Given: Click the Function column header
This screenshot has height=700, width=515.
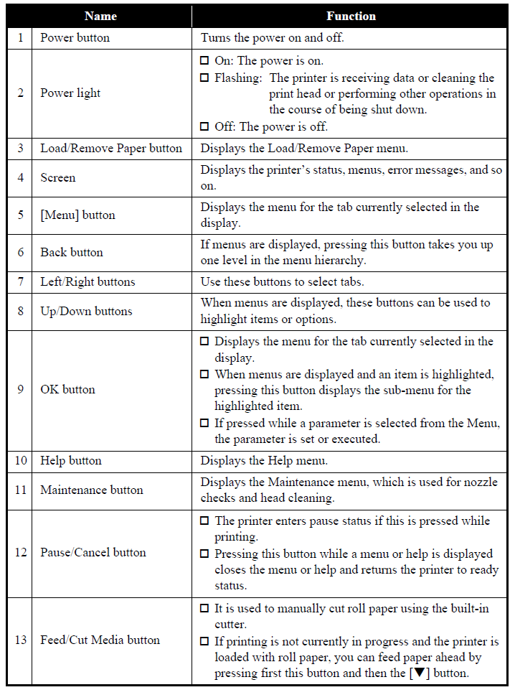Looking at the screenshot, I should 351,16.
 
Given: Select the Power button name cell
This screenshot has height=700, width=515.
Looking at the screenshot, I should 75,38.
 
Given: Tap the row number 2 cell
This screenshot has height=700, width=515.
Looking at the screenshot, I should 20,93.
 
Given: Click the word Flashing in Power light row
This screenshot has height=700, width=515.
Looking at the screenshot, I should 237,78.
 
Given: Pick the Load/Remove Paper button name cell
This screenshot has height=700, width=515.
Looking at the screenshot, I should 111,149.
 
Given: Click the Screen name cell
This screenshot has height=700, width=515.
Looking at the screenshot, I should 58,177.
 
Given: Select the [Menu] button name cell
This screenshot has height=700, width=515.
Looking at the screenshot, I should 77,215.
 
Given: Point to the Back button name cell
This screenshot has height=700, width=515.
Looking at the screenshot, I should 71,252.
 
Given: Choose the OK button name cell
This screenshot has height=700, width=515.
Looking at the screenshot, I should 67,390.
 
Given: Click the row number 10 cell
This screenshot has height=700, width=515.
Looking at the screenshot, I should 20,460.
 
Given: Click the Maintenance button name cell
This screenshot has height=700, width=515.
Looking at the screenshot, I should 92,490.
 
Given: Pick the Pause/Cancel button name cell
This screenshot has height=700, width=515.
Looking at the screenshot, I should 93,552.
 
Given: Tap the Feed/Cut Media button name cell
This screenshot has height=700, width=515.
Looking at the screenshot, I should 100,640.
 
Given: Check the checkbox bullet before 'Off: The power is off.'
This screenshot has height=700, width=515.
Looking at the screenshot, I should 205,126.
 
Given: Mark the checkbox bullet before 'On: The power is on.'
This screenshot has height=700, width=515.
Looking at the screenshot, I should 205,60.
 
